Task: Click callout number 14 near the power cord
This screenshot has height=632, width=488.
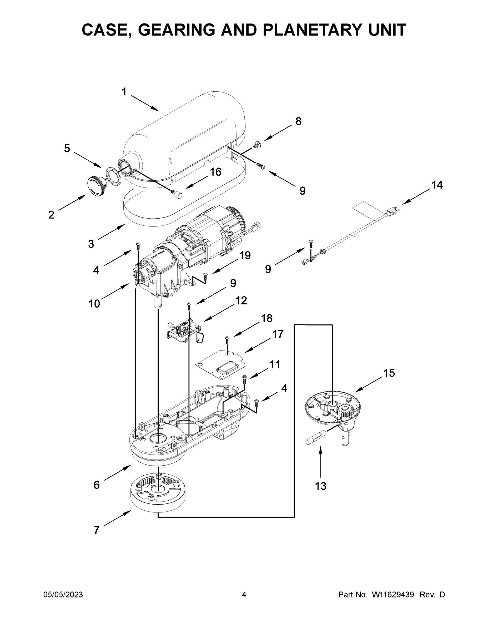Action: pos(437,185)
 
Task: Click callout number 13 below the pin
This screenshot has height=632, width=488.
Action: pos(321,486)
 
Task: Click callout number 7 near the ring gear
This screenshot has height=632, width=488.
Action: pos(97,530)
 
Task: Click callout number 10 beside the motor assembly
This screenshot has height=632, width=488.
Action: pos(94,304)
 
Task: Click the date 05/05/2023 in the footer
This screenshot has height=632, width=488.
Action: pos(63,595)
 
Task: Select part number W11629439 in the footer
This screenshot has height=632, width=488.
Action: pos(393,595)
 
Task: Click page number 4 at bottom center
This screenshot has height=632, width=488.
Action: pos(244,595)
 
